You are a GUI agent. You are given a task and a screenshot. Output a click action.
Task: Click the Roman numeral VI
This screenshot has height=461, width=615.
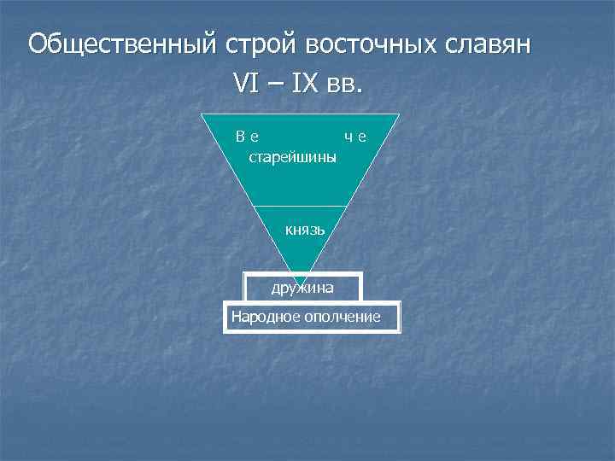(x=247, y=85)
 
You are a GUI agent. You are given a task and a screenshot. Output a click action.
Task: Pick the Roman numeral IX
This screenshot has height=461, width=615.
(x=304, y=85)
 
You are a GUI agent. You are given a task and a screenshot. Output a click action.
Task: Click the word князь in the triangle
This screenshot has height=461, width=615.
(x=305, y=230)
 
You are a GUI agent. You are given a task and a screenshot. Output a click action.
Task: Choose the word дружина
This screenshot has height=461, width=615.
(x=302, y=288)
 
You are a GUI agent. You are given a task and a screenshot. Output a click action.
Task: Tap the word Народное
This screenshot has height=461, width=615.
(x=265, y=318)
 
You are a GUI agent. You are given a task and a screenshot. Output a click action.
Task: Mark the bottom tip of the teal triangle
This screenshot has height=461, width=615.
(x=300, y=283)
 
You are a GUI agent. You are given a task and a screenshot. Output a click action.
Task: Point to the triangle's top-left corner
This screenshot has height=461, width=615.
(x=201, y=114)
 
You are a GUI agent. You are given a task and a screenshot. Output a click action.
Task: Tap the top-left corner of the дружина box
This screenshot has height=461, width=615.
(x=244, y=273)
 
